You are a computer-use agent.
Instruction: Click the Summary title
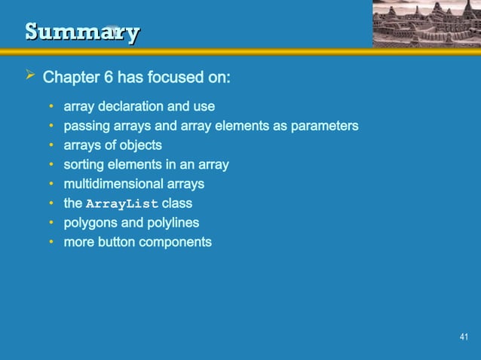[x=81, y=32]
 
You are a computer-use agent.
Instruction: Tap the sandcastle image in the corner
[x=425, y=24]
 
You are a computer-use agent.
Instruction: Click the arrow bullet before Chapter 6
[x=29, y=78]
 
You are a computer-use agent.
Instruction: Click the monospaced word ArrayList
[x=122, y=204]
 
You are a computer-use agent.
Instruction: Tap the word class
[x=177, y=203]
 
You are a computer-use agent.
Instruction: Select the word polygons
[x=90, y=223]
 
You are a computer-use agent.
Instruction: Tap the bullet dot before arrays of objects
[x=51, y=145]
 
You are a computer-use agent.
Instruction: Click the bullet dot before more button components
[x=51, y=243]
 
